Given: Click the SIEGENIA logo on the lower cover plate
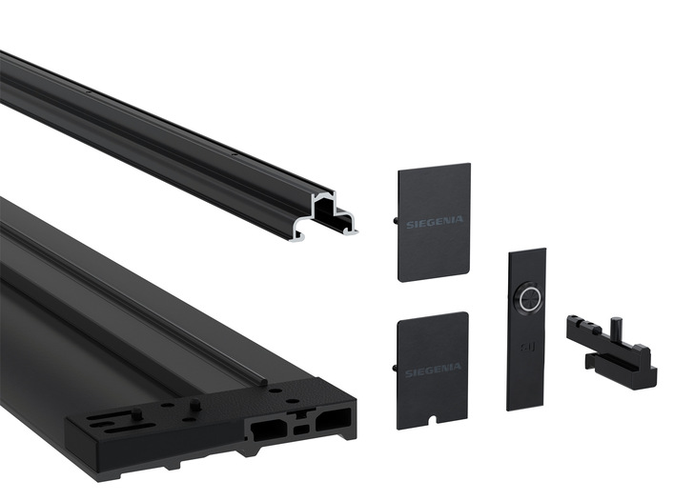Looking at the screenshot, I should tap(432, 367).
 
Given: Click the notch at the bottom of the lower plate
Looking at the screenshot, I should tap(432, 420).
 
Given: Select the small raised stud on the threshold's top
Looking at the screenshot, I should tap(194, 404).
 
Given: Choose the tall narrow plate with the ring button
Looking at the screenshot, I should tap(525, 329).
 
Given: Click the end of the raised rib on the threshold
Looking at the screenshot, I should tap(255, 379).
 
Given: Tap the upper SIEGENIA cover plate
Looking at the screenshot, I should tap(433, 222).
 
